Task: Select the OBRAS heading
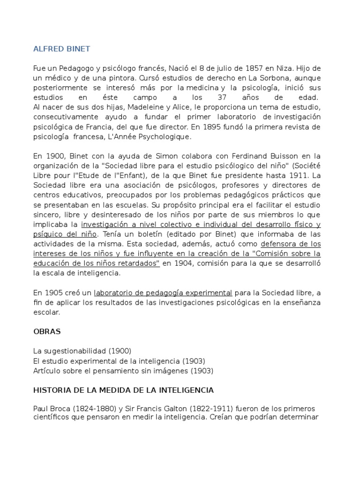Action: click(x=47, y=331)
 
